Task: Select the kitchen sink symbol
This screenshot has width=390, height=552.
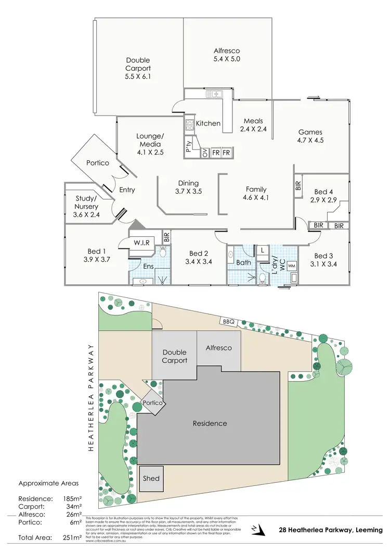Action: [x=214, y=94]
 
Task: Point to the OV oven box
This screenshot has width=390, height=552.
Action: [x=205, y=153]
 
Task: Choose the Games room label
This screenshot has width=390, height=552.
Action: [x=310, y=132]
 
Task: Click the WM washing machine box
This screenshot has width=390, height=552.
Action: [x=291, y=266]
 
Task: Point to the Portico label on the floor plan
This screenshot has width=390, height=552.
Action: [x=98, y=163]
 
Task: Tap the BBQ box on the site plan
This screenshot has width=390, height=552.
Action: [x=229, y=321]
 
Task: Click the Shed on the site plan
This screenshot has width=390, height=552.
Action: [x=151, y=479]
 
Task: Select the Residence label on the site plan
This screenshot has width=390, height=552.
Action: [x=210, y=423]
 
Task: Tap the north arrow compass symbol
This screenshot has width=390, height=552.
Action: [x=253, y=530]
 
